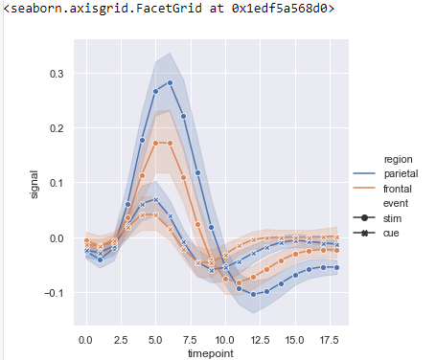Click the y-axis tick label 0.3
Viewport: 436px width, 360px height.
click(57, 73)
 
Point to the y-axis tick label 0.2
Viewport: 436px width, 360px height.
click(57, 128)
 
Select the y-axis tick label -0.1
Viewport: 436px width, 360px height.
click(55, 293)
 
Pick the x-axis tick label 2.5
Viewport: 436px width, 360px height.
click(120, 339)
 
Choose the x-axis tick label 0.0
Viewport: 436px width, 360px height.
click(85, 339)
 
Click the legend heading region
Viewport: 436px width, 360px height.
click(397, 158)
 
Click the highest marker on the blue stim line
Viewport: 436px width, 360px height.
click(170, 82)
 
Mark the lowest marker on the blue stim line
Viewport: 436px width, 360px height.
click(254, 294)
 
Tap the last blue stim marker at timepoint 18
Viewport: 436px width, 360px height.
click(336, 267)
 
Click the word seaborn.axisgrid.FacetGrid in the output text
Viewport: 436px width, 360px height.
click(88, 9)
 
